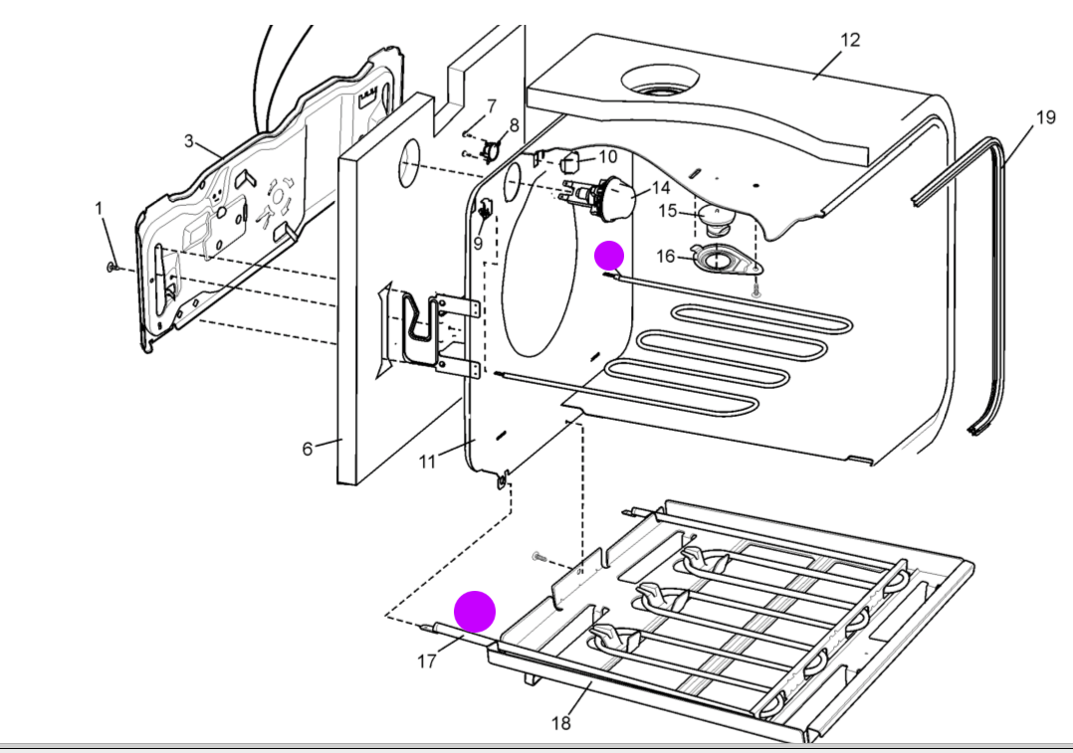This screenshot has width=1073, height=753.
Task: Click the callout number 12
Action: pyautogui.click(x=849, y=41)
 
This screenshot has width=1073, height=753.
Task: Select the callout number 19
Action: pyautogui.click(x=1045, y=117)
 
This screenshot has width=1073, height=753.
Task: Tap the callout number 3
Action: pyautogui.click(x=189, y=141)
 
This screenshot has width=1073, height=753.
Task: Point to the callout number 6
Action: pyautogui.click(x=308, y=449)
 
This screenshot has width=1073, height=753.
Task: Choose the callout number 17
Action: pyautogui.click(x=426, y=660)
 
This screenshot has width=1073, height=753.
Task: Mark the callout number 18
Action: pyautogui.click(x=561, y=723)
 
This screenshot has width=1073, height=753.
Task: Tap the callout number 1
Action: pyautogui.click(x=99, y=208)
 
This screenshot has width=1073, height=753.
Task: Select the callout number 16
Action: pyautogui.click(x=665, y=257)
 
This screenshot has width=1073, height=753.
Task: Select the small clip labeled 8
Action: pyautogui.click(x=491, y=150)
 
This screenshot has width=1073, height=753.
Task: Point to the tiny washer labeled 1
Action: pyautogui.click(x=113, y=267)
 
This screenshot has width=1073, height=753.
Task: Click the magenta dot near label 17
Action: pyautogui.click(x=475, y=611)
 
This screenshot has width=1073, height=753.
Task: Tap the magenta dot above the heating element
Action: pyautogui.click(x=609, y=256)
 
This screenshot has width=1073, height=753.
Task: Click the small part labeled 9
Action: pyautogui.click(x=486, y=210)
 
